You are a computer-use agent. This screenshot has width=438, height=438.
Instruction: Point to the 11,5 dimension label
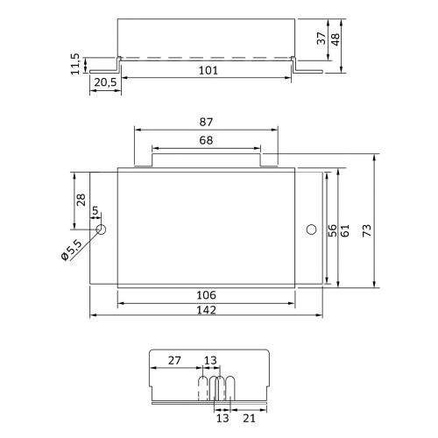pos(76,63)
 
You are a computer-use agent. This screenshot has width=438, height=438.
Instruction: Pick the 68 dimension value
pos(207,140)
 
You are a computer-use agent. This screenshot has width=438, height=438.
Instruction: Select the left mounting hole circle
pos(102,230)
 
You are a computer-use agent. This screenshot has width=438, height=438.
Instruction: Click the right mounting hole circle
pos(309,230)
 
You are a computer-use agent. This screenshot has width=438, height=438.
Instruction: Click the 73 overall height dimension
pos(378,230)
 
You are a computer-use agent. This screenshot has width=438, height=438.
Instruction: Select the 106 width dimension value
pos(206,296)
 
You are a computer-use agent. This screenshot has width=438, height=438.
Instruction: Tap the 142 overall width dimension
pos(206,310)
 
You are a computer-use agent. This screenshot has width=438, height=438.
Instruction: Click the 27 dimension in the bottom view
pos(174,359)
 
